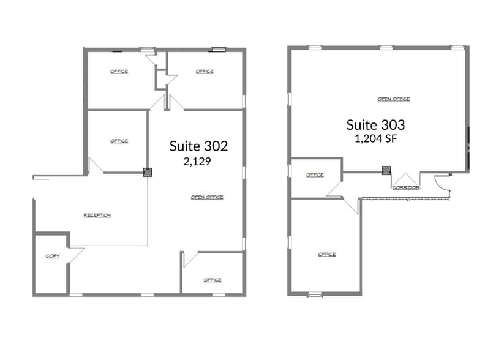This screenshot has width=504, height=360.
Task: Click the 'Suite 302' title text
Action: pos(198,146)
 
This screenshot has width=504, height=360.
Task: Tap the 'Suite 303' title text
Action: pos(375,125)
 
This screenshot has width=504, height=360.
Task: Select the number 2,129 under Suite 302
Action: pos(197,162)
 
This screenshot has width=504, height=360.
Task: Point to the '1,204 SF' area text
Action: pos(376,138)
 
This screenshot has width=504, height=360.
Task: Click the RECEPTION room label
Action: pos(97,215)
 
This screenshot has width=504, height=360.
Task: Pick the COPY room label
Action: pos(53,256)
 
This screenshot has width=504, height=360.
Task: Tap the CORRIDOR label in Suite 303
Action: pos(405,187)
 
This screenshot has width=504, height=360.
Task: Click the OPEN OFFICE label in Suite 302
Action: pos(207,197)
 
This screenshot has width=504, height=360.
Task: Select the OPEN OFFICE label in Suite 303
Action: pos(393,99)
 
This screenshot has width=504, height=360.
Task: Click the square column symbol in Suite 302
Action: pos(147,172)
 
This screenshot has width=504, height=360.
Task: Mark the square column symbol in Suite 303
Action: pos(386,170)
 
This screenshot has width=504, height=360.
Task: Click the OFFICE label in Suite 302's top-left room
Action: pos(119,72)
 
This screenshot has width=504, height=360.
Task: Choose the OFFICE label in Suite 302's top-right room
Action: pos(205,72)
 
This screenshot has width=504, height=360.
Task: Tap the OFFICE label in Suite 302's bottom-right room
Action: pos(213,280)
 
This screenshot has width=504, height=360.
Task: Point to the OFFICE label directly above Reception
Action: pos(119,141)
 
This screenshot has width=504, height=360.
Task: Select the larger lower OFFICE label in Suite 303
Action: pos(326,254)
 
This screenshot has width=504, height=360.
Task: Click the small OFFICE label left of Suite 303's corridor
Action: pos(315,175)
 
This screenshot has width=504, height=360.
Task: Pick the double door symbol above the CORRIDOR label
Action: pos(405,179)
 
